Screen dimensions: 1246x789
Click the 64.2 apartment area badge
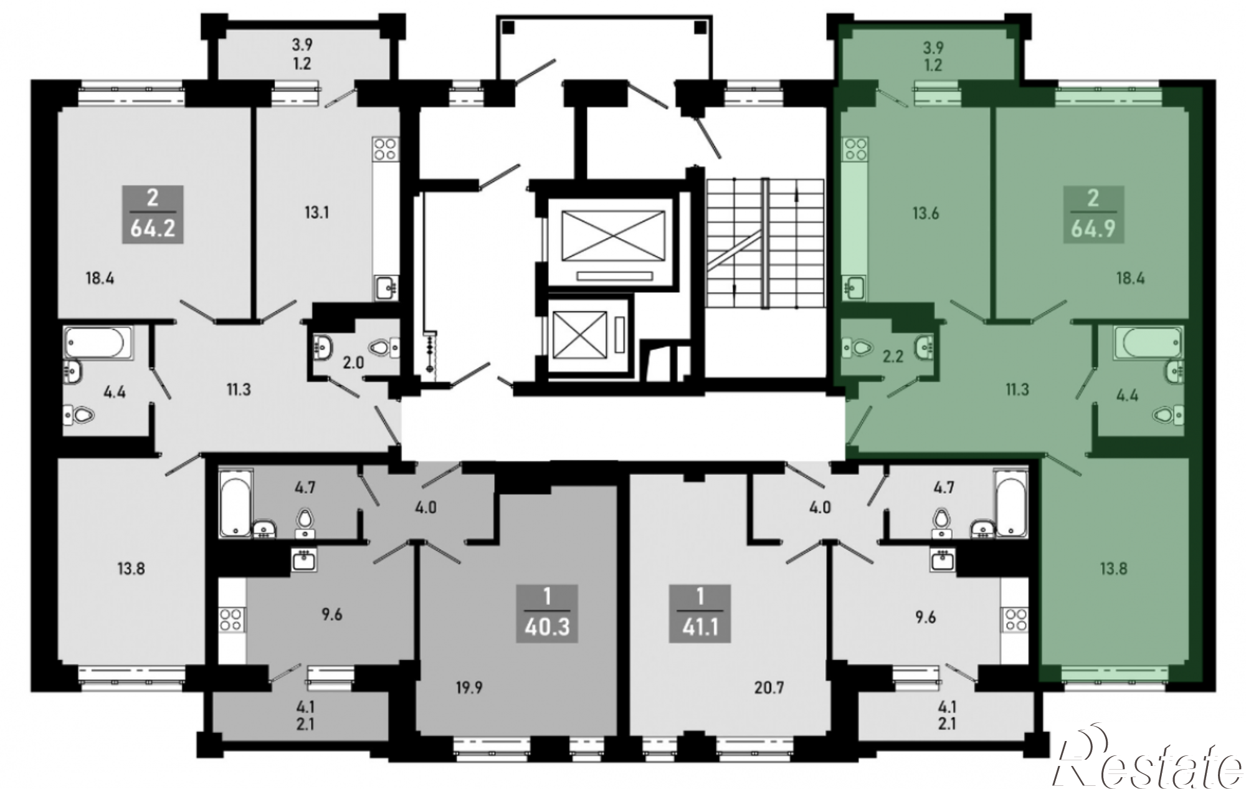(153, 214)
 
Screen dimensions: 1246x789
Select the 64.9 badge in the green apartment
(1093, 214)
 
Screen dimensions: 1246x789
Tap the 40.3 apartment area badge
(547, 613)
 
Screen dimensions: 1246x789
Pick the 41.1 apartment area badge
(700, 613)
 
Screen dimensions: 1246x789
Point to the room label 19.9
(468, 688)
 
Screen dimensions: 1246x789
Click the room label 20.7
(769, 688)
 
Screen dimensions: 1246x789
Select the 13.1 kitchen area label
(316, 213)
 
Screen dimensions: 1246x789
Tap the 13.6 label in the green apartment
(926, 214)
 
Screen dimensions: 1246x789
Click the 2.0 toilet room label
(353, 362)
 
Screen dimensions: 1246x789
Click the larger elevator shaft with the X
(613, 236)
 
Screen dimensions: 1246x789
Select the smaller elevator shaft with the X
(579, 335)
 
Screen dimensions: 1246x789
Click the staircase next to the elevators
(765, 242)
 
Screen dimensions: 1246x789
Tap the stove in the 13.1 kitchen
(385, 148)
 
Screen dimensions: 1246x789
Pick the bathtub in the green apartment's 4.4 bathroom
(1148, 343)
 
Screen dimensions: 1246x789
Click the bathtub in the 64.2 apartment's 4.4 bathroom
(98, 343)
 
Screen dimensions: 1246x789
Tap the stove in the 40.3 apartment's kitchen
(231, 621)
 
